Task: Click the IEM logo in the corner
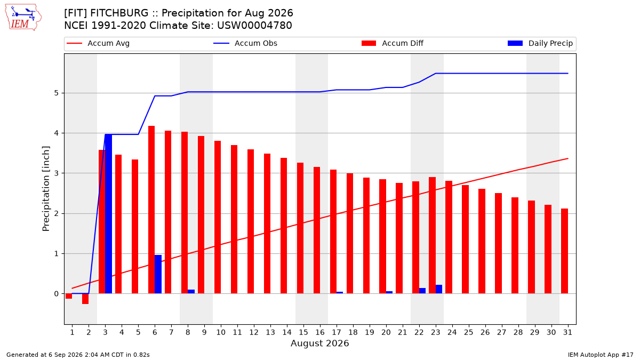tap(23, 18)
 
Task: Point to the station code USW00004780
tap(254, 26)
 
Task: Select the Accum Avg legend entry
tap(98, 43)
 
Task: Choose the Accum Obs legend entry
tap(245, 43)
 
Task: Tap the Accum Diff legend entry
tap(393, 43)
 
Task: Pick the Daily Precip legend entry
tap(540, 43)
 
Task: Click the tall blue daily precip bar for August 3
tap(109, 214)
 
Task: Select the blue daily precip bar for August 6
tap(158, 274)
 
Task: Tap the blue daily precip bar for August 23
tap(439, 289)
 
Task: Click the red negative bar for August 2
tap(85, 299)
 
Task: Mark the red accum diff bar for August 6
tap(151, 210)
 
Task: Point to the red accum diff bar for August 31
tap(565, 251)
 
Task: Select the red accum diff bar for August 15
tap(300, 228)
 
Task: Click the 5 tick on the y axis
tap(57, 93)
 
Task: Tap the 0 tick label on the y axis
tap(57, 294)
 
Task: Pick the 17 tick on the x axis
tap(337, 332)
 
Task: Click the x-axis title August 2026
tap(320, 343)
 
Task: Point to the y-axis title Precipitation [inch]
tap(46, 189)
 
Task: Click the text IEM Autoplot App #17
tap(601, 355)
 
